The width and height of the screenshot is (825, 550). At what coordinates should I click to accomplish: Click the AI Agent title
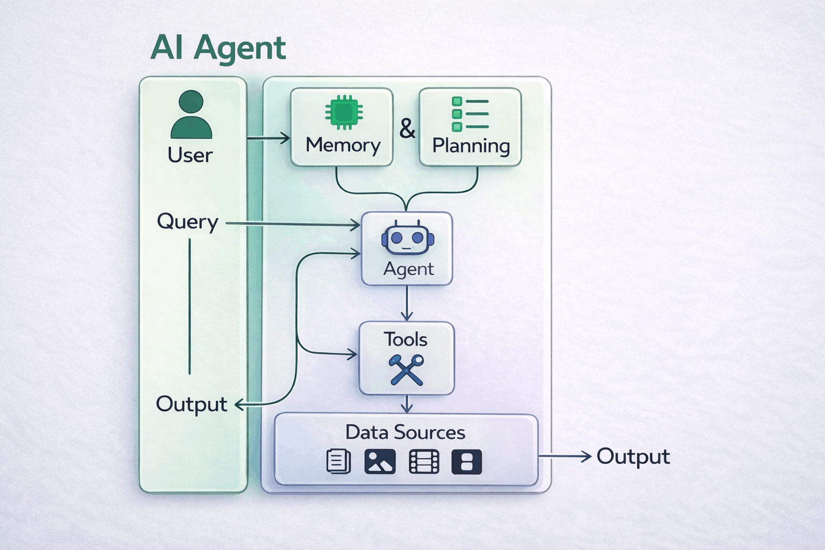[x=218, y=47]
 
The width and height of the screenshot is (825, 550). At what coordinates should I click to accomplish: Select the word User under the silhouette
[x=190, y=155]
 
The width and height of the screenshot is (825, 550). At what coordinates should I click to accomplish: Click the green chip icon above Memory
[x=344, y=113]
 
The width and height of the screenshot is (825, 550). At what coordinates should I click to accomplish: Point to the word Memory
[x=343, y=145]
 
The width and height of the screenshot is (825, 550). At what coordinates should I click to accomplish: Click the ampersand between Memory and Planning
[x=407, y=129]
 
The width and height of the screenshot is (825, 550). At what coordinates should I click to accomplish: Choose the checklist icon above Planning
[x=470, y=114]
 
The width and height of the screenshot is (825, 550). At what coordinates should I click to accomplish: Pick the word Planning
[x=471, y=146]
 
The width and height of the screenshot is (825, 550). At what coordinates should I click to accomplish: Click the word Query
[x=187, y=222]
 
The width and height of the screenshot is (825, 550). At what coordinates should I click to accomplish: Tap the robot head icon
[x=408, y=238]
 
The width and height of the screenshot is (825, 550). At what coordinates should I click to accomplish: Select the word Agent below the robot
[x=408, y=269]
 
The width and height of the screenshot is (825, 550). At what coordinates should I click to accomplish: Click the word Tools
[x=406, y=339]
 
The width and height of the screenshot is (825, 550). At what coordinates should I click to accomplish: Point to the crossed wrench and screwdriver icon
[x=407, y=370]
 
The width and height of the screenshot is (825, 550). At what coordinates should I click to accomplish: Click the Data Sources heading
[x=405, y=432]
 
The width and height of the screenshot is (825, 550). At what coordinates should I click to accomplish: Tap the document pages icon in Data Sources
[x=339, y=461]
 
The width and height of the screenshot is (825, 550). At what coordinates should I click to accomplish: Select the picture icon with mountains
[x=380, y=461]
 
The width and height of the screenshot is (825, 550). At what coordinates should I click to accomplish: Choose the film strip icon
[x=424, y=461]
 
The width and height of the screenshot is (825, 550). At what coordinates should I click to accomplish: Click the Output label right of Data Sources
[x=633, y=457]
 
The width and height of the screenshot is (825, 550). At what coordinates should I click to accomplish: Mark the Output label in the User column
[x=191, y=404]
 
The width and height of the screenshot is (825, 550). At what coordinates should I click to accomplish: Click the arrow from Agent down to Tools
[x=407, y=303]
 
